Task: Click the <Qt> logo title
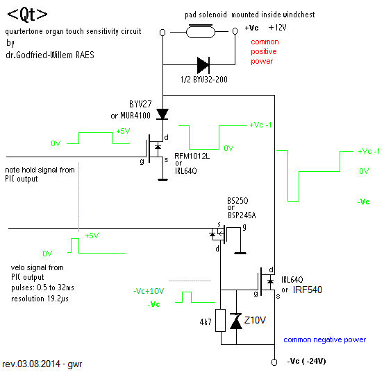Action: pyautogui.click(x=28, y=15)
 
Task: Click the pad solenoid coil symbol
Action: pyautogui.click(x=201, y=31)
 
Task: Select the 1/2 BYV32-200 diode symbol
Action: pyautogui.click(x=203, y=65)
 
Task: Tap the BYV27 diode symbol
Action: pyautogui.click(x=162, y=114)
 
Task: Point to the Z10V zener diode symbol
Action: pyautogui.click(x=236, y=321)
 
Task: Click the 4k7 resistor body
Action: pyautogui.click(x=220, y=320)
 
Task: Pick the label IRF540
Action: pyautogui.click(x=308, y=290)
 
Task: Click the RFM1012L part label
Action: pyautogui.click(x=192, y=156)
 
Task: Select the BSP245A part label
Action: pyautogui.click(x=242, y=215)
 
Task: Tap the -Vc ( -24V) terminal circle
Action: pyautogui.click(x=274, y=362)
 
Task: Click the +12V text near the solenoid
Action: pyautogui.click(x=278, y=27)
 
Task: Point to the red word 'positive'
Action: pyautogui.click(x=264, y=51)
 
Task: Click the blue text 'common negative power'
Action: pyautogui.click(x=325, y=339)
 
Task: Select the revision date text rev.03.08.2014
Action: pyautogui.click(x=31, y=364)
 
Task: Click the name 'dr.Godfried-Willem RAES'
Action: pyautogui.click(x=50, y=55)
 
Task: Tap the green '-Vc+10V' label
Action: pyautogui.click(x=149, y=291)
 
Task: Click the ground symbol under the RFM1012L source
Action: pyautogui.click(x=162, y=180)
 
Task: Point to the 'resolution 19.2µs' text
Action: pyautogui.click(x=40, y=299)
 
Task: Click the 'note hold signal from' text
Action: pyautogui.click(x=40, y=170)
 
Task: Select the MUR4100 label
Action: pyautogui.click(x=135, y=116)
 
